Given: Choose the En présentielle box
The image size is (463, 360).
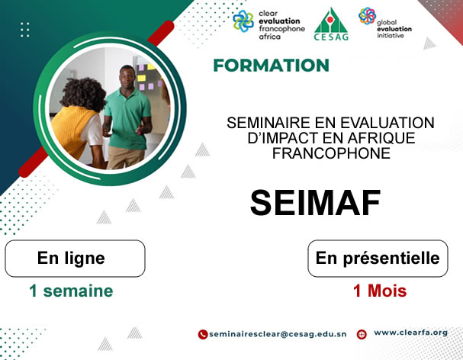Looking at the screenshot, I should (378, 259).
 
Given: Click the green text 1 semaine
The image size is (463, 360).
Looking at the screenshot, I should (71, 291).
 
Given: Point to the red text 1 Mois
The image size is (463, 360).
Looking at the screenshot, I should (379, 291).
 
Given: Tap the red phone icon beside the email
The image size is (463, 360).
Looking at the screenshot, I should (203, 334).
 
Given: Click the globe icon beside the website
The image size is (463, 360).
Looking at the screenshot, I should (362, 334).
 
